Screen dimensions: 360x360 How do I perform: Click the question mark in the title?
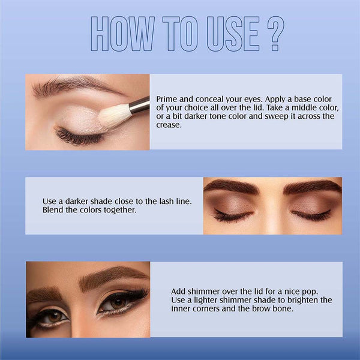276,33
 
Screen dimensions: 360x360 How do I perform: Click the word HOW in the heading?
122,34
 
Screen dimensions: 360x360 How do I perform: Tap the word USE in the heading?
233,34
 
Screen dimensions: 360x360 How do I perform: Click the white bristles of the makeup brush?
114,116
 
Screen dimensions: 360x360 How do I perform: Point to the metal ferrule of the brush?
139,106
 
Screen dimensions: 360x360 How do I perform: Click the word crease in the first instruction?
168,125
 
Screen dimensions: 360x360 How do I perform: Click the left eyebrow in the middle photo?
231,186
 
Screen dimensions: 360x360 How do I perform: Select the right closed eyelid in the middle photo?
311,205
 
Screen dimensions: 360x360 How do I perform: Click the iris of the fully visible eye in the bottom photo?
118,303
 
